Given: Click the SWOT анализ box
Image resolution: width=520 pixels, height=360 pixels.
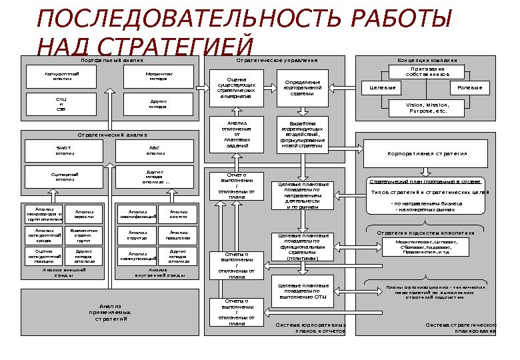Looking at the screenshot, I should [x=64, y=151].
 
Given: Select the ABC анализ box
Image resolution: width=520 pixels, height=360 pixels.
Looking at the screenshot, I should [x=155, y=151].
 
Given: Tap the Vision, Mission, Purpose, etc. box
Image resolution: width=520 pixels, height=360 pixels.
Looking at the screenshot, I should [x=427, y=108].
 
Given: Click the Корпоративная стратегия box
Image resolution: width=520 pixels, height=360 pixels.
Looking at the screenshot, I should [x=427, y=153].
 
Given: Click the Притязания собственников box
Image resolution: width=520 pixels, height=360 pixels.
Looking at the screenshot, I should [x=427, y=71].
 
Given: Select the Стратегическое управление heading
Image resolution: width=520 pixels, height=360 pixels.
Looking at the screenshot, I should [x=277, y=60].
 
